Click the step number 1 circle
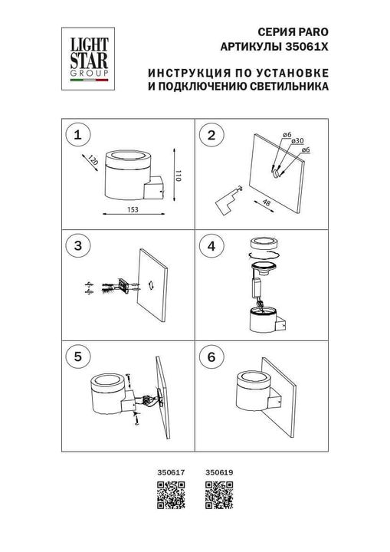tap(75, 136)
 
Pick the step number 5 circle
tap(75, 356)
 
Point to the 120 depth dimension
tap(92, 163)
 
